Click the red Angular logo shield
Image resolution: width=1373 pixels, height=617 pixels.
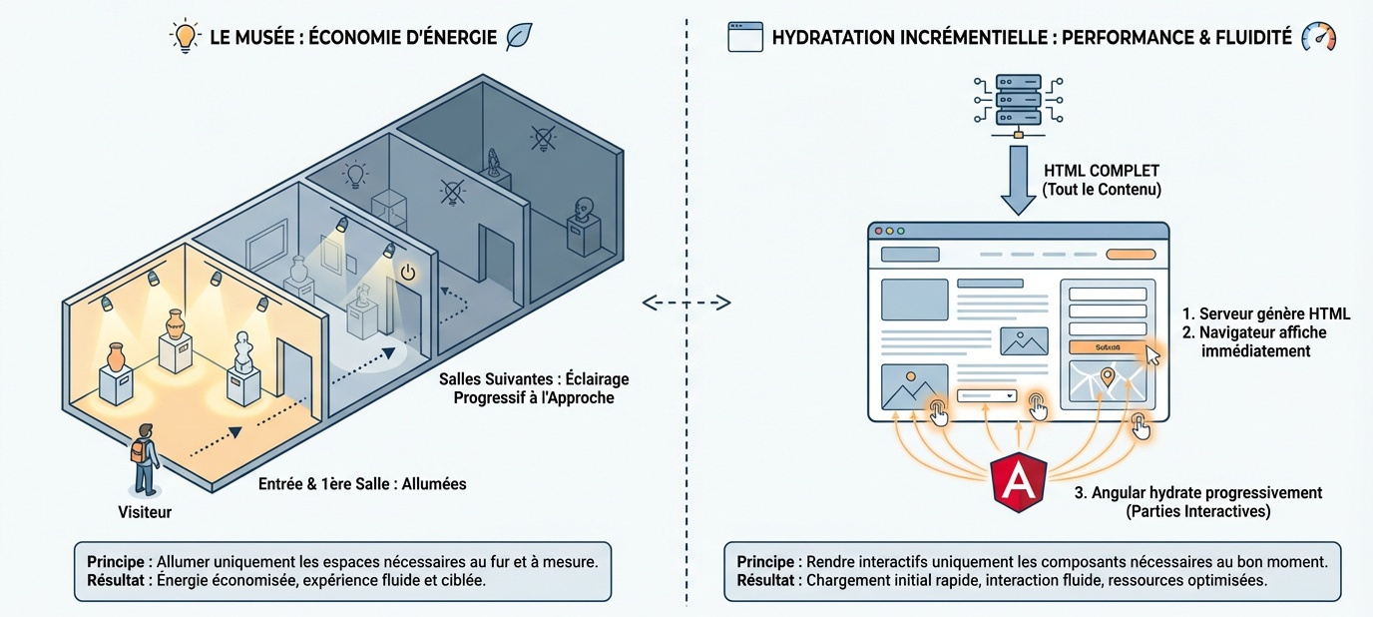click(x=1018, y=482)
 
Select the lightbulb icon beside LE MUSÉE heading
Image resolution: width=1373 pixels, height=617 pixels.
click(x=186, y=37)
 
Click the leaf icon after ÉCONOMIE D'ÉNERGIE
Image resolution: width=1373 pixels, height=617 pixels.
click(x=520, y=37)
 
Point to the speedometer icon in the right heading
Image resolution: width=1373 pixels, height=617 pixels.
click(x=1318, y=38)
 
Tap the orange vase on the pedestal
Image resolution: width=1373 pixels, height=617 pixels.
click(x=116, y=356)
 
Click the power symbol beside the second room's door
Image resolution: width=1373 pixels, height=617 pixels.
click(x=407, y=272)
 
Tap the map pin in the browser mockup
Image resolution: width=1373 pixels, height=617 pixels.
click(x=1107, y=377)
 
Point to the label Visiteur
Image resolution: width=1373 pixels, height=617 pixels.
click(x=145, y=512)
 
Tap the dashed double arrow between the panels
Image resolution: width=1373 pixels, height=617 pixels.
click(x=686, y=302)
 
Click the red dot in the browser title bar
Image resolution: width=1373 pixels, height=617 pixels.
click(x=879, y=231)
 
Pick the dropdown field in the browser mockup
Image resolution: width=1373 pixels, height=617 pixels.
click(x=986, y=395)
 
